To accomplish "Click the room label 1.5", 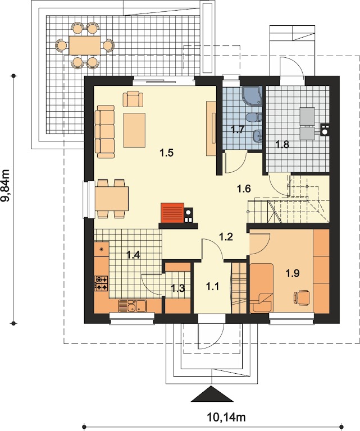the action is (167, 153).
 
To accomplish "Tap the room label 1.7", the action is (238, 129).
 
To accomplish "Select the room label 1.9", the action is (293, 273).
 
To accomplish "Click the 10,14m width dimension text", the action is (226, 418).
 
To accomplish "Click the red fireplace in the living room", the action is (172, 213).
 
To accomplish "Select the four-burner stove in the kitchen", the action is (101, 283).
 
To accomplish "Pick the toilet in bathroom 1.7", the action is (254, 118).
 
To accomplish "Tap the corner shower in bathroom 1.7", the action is (252, 95).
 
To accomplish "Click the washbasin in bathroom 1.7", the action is (257, 135).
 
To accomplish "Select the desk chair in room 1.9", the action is (302, 297).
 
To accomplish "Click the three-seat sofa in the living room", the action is (104, 132).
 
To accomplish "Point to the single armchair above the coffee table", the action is (133, 99).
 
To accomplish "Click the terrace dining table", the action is (85, 45).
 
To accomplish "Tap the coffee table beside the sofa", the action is (134, 130).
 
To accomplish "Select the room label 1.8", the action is (282, 144).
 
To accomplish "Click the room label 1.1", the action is (212, 287).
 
